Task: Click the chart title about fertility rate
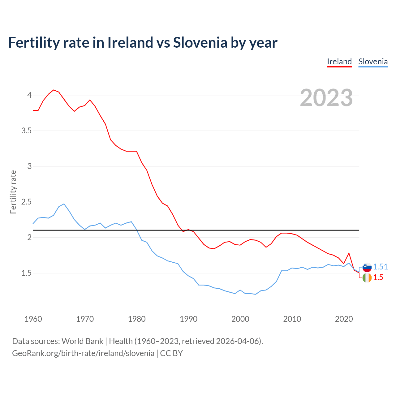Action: point(143,43)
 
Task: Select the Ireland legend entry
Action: point(339,62)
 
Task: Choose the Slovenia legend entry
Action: point(373,62)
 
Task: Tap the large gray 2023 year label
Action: point(326,98)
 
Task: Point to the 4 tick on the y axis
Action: point(29,95)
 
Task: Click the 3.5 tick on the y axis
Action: point(26,131)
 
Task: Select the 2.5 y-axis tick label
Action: point(26,202)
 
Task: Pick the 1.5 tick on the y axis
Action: point(26,273)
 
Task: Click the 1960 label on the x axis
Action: point(33,319)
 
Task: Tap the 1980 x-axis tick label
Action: point(137,319)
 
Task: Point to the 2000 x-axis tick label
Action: point(240,319)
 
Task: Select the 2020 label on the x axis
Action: point(344,319)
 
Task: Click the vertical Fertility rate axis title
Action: point(13,192)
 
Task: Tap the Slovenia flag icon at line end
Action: point(367,267)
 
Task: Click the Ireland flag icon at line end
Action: point(367,278)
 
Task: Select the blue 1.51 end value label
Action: point(380,267)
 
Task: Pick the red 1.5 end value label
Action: point(378,278)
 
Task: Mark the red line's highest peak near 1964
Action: point(54,90)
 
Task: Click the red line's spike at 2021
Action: point(349,253)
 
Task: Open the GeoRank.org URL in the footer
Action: point(83,353)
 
